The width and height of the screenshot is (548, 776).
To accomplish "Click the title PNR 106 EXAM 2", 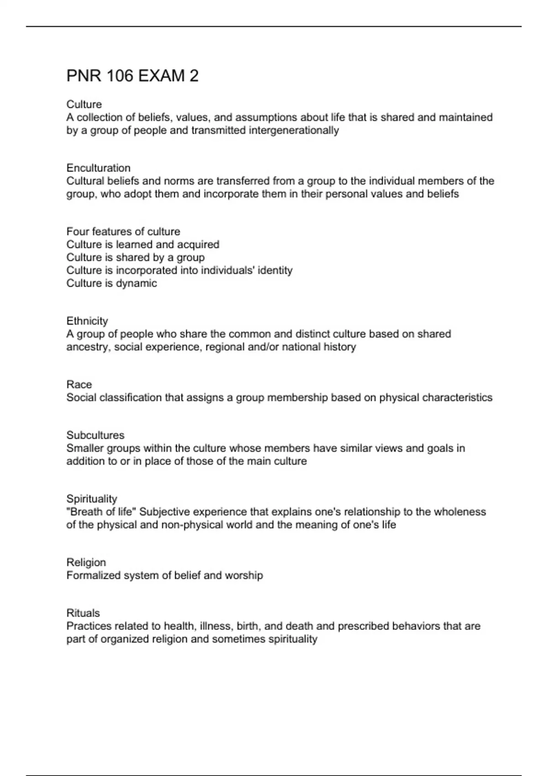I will (x=132, y=76).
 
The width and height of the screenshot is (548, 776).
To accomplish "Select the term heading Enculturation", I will (x=98, y=168).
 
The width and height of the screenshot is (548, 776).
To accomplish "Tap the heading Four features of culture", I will (x=123, y=231).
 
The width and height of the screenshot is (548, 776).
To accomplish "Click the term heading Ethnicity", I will (x=87, y=321).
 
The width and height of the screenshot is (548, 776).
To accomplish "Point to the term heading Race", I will (x=79, y=384).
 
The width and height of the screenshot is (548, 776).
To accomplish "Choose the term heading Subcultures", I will (x=95, y=435).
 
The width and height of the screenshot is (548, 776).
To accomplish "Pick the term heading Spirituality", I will (x=92, y=498).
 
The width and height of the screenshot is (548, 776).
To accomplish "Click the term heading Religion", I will (x=86, y=562).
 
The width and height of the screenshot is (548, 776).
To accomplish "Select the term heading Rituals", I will (x=83, y=613).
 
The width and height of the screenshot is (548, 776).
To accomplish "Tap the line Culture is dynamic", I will (x=111, y=283).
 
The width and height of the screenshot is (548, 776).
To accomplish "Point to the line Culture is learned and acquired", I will (x=142, y=245).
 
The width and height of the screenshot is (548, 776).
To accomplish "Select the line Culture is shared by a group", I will (x=135, y=257).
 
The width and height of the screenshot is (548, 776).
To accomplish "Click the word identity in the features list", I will (x=275, y=270).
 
